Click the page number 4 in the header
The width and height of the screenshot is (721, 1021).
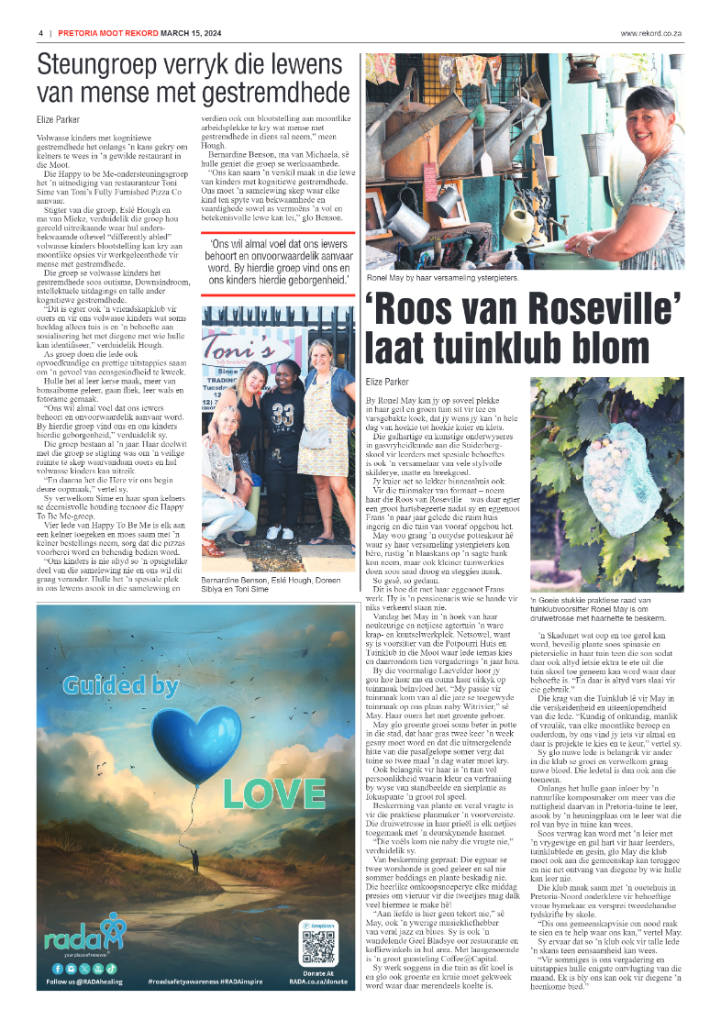tap(40, 34)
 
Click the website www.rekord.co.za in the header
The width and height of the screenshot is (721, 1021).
tap(651, 34)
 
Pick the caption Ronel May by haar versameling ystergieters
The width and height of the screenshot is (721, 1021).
tap(442, 276)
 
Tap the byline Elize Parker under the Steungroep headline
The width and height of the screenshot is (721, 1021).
tap(58, 119)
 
